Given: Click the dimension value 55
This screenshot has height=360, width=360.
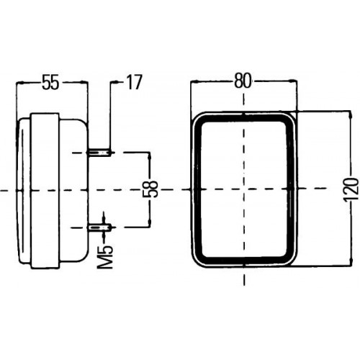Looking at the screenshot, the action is [x=50, y=82].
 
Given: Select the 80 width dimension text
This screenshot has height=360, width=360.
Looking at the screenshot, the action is [x=243, y=81].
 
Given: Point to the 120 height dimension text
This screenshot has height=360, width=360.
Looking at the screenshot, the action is [x=351, y=189].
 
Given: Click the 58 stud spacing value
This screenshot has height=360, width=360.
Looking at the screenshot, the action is [x=150, y=189].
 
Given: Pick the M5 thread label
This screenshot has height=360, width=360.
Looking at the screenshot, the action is [x=106, y=257].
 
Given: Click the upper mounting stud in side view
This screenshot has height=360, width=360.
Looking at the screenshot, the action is [x=100, y=153].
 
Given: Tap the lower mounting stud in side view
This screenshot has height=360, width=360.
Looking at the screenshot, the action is [x=100, y=227].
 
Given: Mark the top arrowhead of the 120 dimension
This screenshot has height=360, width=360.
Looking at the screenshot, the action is [x=351, y=114].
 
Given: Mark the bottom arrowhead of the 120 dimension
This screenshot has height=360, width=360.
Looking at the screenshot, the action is [x=351, y=261].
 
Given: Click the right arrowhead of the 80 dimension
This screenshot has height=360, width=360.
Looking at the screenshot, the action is [x=292, y=82].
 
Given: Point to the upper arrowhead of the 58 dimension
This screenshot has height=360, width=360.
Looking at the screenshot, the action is [x=150, y=156].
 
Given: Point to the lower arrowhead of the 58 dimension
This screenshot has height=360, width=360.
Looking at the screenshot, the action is [x=150, y=222].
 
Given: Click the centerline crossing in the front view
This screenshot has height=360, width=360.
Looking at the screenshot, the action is [x=244, y=189].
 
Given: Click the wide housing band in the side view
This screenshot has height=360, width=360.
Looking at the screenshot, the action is [x=45, y=191].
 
